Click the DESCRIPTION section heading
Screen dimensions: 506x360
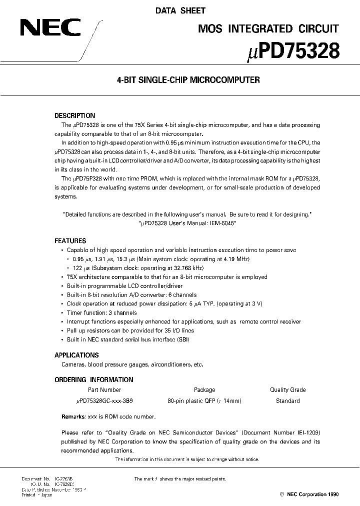74,115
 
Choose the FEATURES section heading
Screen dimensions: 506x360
70,240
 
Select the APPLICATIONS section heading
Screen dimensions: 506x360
76,355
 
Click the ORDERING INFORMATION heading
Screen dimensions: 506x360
93,379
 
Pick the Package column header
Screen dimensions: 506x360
204,390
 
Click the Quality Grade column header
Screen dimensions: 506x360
287,390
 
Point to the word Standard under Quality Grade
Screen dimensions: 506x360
287,401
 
